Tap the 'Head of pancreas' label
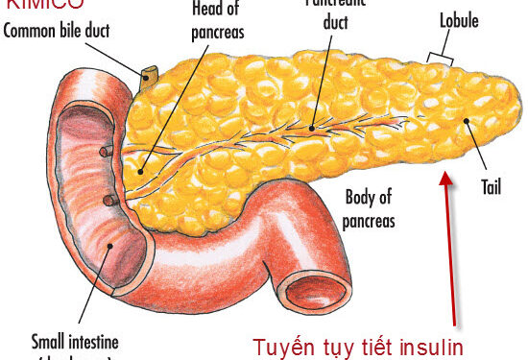pyautogui.click(x=218, y=23)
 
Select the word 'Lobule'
pyautogui.click(x=459, y=19)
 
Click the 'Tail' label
pyautogui.click(x=491, y=188)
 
